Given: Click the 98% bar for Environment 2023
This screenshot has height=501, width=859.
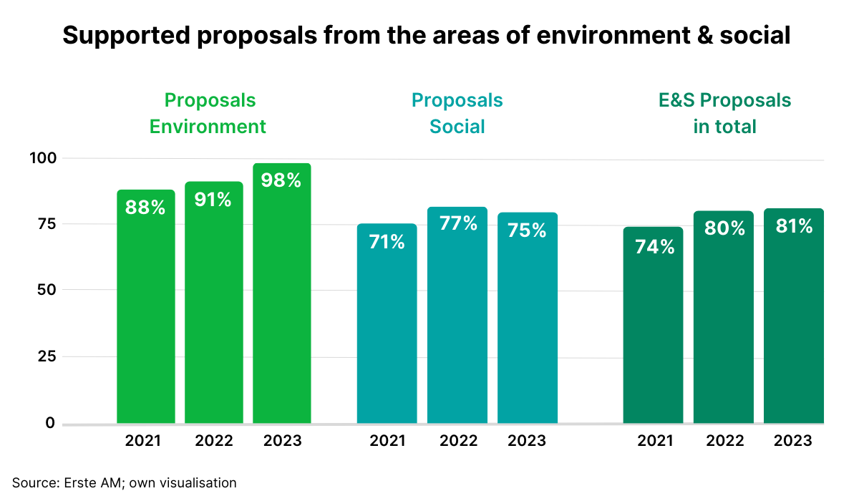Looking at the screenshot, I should click(x=281, y=301).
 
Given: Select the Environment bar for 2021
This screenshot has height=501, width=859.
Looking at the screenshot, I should click(x=146, y=315).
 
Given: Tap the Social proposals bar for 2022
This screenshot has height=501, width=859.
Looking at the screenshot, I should click(x=457, y=322).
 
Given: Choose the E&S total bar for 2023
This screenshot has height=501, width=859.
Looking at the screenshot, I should click(x=793, y=322).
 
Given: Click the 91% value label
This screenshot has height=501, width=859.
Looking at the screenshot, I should click(x=213, y=200).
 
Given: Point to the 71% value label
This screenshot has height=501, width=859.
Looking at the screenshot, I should click(x=387, y=243).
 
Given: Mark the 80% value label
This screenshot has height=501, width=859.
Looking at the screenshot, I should click(x=724, y=228).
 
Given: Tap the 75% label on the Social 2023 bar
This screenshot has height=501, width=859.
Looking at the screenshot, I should click(x=527, y=230).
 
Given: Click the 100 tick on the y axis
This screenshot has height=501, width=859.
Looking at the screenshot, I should click(x=42, y=157).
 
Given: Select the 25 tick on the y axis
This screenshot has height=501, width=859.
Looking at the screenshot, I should click(x=45, y=356).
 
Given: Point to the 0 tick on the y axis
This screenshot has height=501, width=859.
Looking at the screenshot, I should click(x=49, y=423).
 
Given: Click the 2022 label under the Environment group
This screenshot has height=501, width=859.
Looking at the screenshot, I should click(x=213, y=441).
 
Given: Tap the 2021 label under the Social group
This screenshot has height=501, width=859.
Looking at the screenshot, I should click(x=387, y=441).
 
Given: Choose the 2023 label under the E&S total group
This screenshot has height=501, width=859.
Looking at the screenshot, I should click(x=793, y=441).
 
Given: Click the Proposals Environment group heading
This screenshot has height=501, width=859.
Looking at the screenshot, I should click(x=208, y=113).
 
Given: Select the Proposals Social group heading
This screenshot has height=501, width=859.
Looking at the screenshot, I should click(x=457, y=113).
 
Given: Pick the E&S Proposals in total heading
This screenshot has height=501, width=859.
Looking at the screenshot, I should click(x=724, y=113).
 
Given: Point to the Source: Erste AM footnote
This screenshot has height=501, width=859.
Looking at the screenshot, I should click(x=124, y=483).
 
